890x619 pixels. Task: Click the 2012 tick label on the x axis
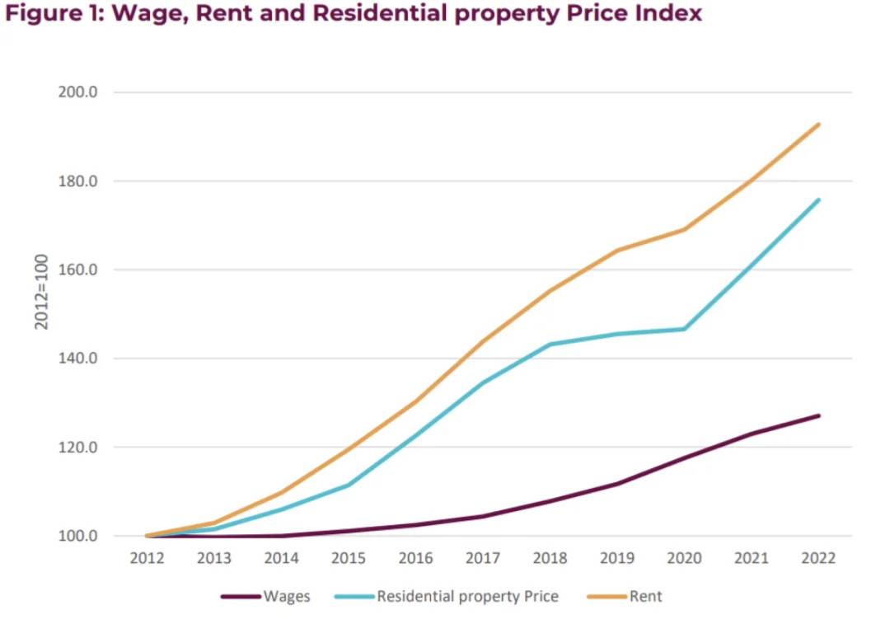(148, 558)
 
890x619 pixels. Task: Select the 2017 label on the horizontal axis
(483, 558)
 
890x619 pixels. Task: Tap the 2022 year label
(818, 558)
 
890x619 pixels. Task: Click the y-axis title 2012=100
(41, 292)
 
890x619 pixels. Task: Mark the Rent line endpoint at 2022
(818, 124)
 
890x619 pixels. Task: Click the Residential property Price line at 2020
(684, 329)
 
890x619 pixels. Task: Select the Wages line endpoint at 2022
(818, 415)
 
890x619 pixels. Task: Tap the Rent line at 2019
(617, 251)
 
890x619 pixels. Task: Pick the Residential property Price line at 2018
(550, 345)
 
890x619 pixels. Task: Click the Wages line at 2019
(617, 484)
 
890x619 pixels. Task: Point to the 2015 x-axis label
(349, 558)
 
